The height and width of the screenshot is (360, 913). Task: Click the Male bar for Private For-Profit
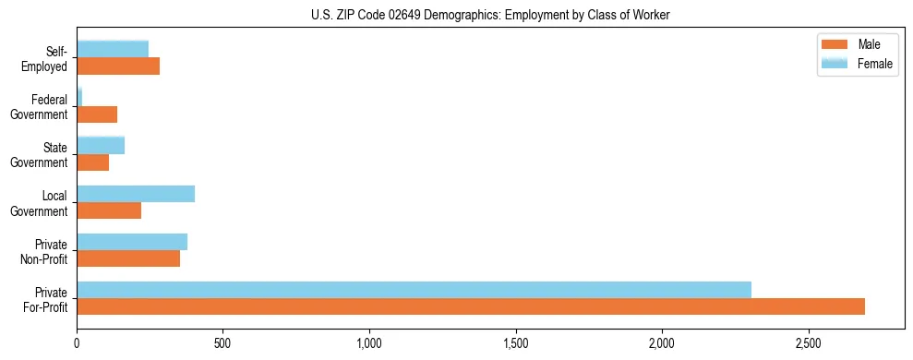tap(471, 306)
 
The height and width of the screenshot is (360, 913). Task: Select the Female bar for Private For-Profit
tap(414, 290)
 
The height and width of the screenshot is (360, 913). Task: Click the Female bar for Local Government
tap(136, 194)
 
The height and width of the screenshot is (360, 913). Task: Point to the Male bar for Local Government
tap(109, 210)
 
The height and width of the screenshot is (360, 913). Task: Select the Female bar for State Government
tap(101, 145)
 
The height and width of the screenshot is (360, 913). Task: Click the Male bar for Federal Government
tap(97, 114)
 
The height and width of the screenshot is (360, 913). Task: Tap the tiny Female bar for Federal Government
tap(79, 97)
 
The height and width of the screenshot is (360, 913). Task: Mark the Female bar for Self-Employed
tap(113, 49)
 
